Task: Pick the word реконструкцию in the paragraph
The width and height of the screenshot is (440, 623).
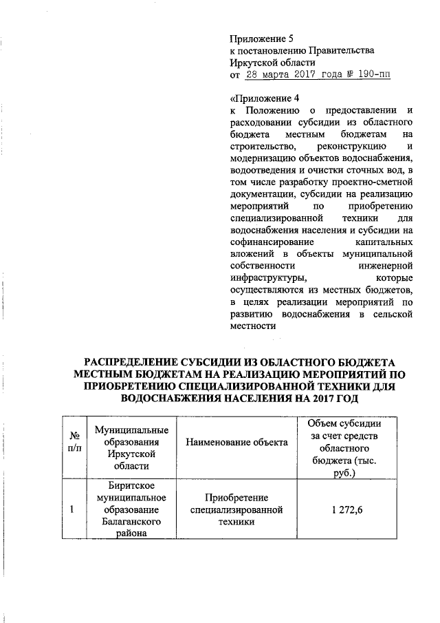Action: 345,147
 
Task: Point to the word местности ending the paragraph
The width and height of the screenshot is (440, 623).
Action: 251,326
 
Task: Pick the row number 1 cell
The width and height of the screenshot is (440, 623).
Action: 74,510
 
